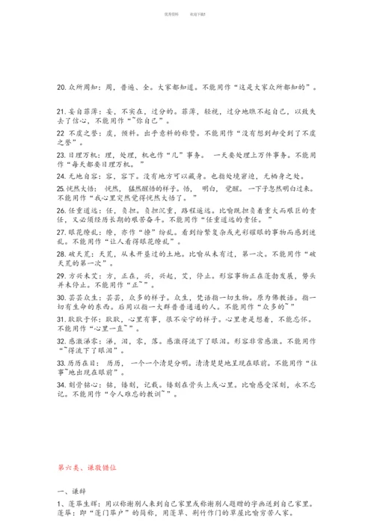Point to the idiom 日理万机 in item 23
82,155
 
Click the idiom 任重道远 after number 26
84,212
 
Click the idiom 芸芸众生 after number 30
84,298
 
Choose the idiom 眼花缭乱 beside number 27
84,233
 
